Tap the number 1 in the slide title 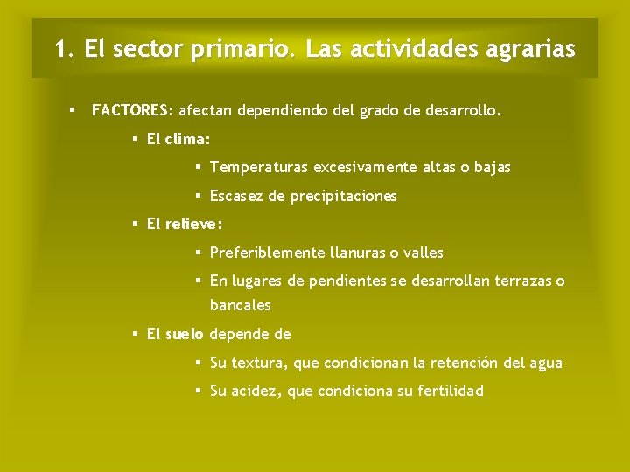pyautogui.click(x=59, y=49)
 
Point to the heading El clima pyautogui.click(x=178, y=139)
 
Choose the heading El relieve pyautogui.click(x=185, y=225)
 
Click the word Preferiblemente pyautogui.click(x=267, y=253)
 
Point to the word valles pyautogui.click(x=423, y=253)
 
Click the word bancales pyautogui.click(x=240, y=306)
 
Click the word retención pyautogui.click(x=468, y=363)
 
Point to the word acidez pyautogui.click(x=257, y=392)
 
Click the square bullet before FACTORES pyautogui.click(x=73, y=111)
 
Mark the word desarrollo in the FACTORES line pyautogui.click(x=463, y=111)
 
